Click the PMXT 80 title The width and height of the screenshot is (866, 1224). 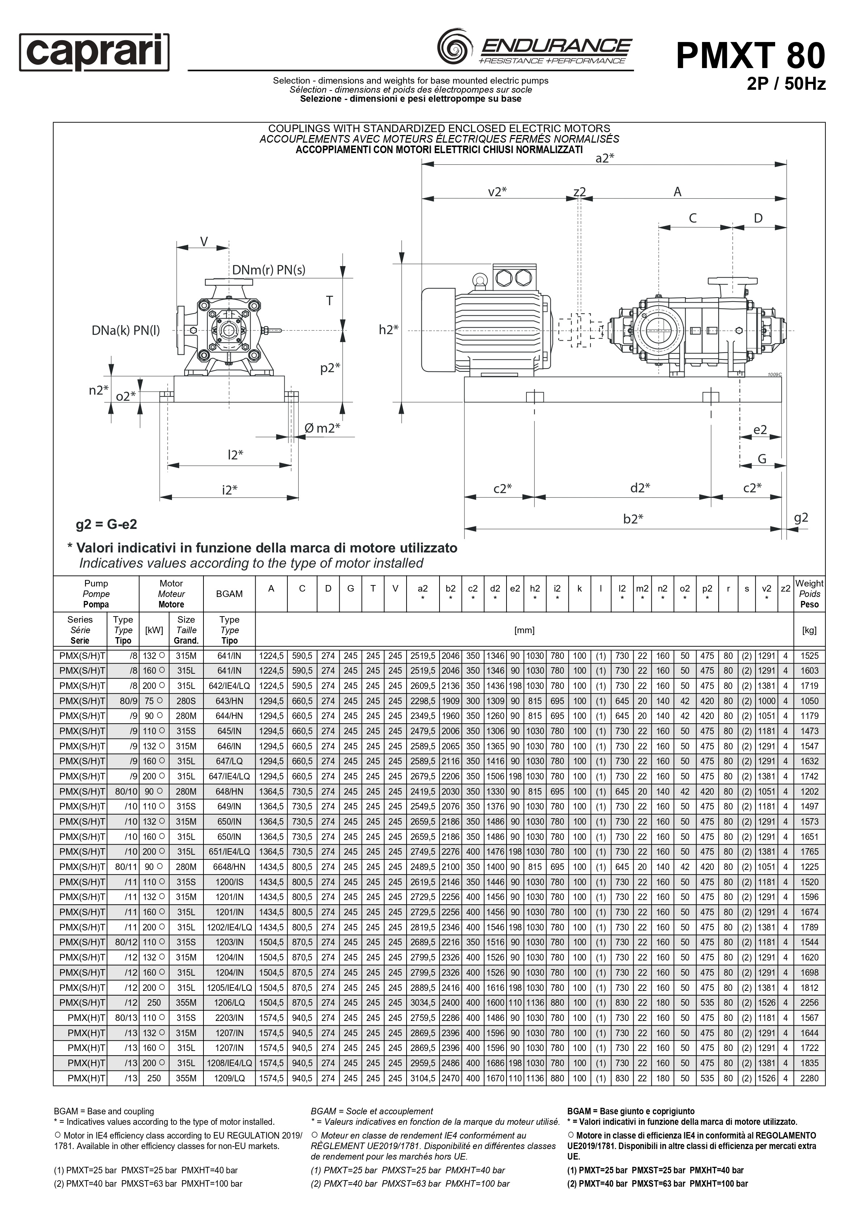click(750, 55)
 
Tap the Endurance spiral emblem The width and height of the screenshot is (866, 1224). click(454, 47)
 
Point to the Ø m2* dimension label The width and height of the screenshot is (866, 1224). click(322, 428)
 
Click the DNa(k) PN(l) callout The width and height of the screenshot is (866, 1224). click(126, 331)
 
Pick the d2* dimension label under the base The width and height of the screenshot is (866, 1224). click(640, 488)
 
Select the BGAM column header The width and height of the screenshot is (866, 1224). click(229, 594)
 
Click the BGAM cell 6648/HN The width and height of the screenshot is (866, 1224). click(229, 867)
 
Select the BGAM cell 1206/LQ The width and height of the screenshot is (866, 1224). click(229, 1003)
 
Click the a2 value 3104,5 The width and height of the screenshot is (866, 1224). click(423, 1078)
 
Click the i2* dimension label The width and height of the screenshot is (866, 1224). click(230, 489)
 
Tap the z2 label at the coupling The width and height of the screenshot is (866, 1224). click(580, 192)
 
